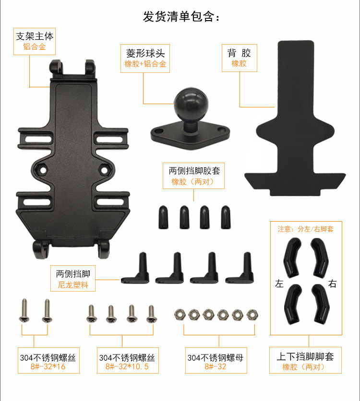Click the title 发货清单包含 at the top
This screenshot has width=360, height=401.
coord(180,16)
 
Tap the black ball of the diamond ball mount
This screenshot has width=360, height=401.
coord(191,104)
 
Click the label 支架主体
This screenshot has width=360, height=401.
coord(35,36)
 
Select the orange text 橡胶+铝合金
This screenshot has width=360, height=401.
coord(145,64)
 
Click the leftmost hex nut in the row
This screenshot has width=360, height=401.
coord(180,315)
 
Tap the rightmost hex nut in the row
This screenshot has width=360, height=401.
coord(252,315)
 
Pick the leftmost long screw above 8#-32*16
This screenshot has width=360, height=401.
coord(24,310)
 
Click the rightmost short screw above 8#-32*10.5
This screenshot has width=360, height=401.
coord(152,314)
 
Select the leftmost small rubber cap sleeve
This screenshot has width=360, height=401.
coord(163,217)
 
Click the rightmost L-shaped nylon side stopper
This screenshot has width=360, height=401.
coord(240,269)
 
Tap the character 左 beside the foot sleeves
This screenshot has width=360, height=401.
coord(279,283)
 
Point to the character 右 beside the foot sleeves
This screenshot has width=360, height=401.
coord(332,283)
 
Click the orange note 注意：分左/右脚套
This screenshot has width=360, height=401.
coord(305,229)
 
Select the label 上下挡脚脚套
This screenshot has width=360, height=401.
coord(305,356)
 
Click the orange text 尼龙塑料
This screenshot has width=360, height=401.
coord(73,284)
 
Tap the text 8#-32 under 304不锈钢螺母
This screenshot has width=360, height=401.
coord(215,366)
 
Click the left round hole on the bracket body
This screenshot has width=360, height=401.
coord(43,170)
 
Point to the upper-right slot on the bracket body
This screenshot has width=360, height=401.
coord(109,139)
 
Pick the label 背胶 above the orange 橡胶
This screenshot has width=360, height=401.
coord(239,53)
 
